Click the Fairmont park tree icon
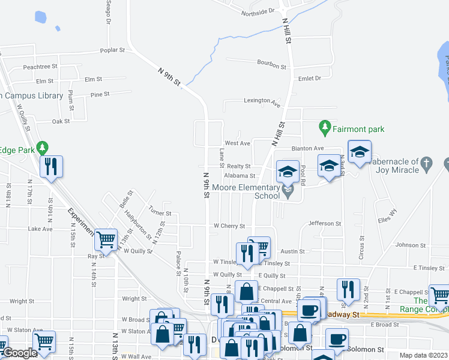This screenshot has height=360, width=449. click(x=325, y=127)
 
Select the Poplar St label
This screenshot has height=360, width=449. click(x=113, y=50)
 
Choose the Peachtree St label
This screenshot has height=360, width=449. click(x=40, y=67)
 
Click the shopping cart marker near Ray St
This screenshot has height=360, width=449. click(x=106, y=239)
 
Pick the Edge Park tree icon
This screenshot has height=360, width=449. click(x=42, y=147)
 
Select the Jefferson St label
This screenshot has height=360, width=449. click(x=325, y=223)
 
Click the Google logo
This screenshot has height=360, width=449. click(x=19, y=353)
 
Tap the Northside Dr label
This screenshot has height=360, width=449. click(x=258, y=12)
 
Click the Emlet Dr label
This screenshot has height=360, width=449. click(x=310, y=78)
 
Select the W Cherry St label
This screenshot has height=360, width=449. click(x=229, y=226)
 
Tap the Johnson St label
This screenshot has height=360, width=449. click(x=411, y=245)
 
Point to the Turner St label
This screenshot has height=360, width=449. click(x=160, y=213)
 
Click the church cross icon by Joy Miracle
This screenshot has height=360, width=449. click(x=426, y=163)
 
